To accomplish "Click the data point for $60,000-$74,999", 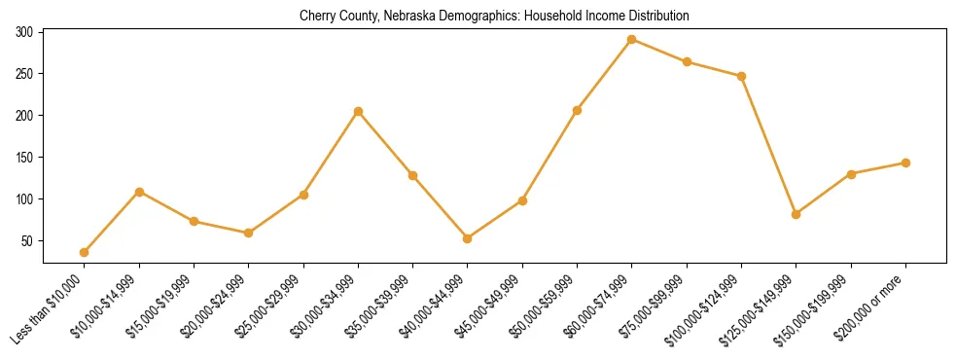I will click(x=632, y=40).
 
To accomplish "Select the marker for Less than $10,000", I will click(x=85, y=253).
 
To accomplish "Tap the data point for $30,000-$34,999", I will click(x=359, y=112).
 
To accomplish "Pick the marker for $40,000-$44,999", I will click(x=468, y=238).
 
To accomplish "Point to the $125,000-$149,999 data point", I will click(x=797, y=214).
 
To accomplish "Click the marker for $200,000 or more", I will click(x=905, y=163).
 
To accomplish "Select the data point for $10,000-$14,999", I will click(x=139, y=192).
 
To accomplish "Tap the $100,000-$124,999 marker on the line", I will click(x=742, y=76).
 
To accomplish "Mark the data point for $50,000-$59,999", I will click(x=578, y=111).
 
